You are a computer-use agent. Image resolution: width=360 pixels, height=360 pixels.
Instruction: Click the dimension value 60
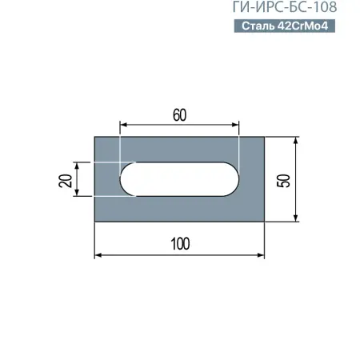(x=179, y=114)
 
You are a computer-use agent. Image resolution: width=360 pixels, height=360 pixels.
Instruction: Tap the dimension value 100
(x=180, y=244)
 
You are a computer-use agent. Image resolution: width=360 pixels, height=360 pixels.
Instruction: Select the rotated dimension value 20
(x=66, y=179)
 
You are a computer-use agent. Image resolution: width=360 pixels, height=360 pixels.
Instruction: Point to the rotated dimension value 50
(x=282, y=179)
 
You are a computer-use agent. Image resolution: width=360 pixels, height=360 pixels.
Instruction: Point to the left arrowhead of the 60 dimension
(x=123, y=125)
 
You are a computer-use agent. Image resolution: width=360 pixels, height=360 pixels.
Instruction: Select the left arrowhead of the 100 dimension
(x=98, y=255)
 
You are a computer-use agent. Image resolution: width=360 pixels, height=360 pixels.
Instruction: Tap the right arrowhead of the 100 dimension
(x=261, y=255)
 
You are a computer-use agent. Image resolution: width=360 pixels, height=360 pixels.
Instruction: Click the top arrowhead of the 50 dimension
(x=297, y=140)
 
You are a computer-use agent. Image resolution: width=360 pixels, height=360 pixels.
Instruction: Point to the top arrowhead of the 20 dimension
(x=78, y=164)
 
